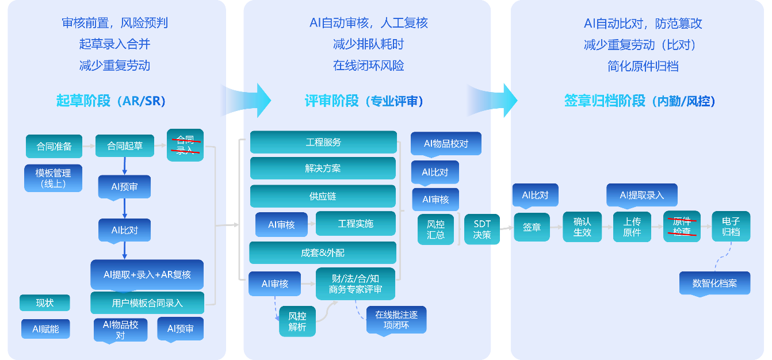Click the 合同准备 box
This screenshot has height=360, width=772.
click(x=54, y=146)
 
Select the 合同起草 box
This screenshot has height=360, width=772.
click(x=125, y=146)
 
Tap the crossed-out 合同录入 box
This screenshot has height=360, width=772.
click(x=185, y=145)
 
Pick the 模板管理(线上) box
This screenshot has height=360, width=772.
click(x=53, y=178)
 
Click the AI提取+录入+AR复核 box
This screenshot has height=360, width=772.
click(x=147, y=274)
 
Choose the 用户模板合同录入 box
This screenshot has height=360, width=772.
click(x=147, y=302)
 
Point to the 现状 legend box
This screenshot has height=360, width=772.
click(x=45, y=302)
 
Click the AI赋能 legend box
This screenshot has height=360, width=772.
click(x=45, y=329)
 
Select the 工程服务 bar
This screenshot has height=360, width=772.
click(x=323, y=142)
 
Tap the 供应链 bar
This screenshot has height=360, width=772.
click(x=323, y=196)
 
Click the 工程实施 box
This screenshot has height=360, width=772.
click(x=356, y=224)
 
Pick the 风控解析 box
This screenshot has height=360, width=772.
click(x=297, y=321)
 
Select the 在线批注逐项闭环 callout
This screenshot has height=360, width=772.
click(x=396, y=319)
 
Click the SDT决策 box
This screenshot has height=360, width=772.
click(x=482, y=229)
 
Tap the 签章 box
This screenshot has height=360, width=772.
click(x=532, y=227)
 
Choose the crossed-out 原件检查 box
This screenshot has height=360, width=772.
click(x=682, y=227)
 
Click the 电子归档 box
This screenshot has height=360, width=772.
click(x=731, y=227)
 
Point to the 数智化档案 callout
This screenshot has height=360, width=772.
click(x=714, y=283)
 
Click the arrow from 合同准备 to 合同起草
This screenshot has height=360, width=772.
click(x=89, y=146)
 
